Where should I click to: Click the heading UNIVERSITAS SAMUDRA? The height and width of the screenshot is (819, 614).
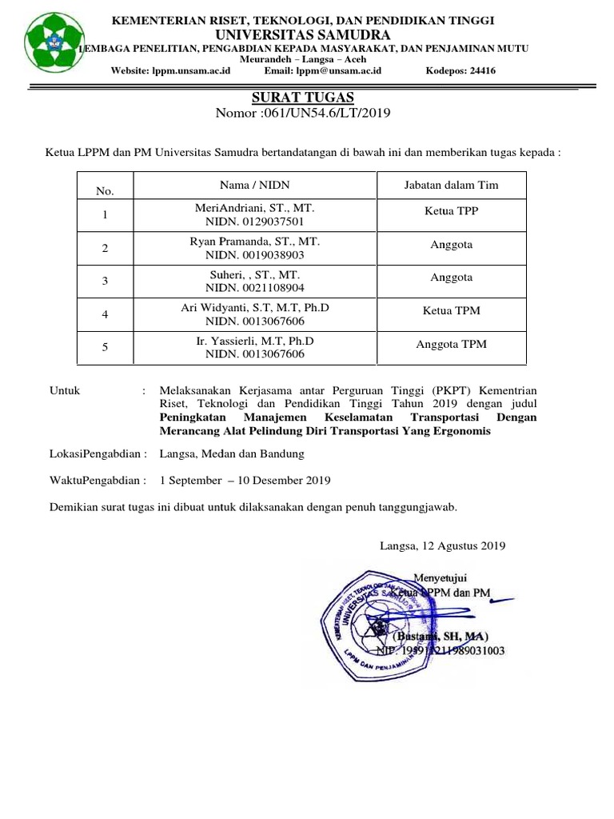302,35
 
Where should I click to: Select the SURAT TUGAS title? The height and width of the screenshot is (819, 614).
302,97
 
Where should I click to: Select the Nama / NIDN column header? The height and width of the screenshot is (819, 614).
255,185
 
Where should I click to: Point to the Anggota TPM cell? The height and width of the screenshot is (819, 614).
451,345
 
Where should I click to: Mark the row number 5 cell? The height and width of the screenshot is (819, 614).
104,348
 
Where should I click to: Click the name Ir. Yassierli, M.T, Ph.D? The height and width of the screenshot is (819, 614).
255,341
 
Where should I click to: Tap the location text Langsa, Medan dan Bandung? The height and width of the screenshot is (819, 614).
232,453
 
